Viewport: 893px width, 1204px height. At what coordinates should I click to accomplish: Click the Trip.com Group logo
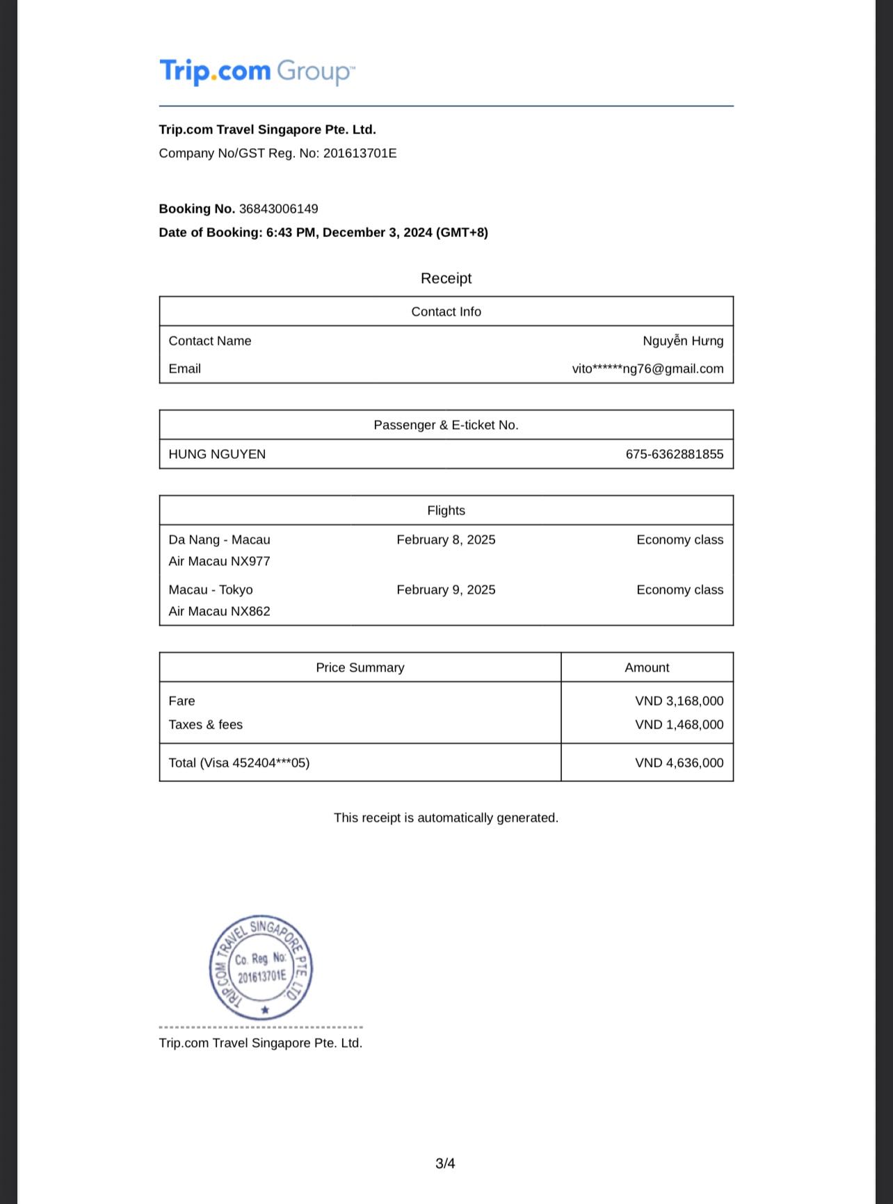pyautogui.click(x=257, y=72)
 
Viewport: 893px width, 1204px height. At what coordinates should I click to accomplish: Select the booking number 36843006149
pyautogui.click(x=278, y=209)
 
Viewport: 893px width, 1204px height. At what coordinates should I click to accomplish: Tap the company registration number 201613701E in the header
pyautogui.click(x=360, y=153)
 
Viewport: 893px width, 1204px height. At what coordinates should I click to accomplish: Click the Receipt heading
pyautogui.click(x=446, y=278)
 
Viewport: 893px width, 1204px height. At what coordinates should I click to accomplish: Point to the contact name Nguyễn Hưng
pyautogui.click(x=682, y=341)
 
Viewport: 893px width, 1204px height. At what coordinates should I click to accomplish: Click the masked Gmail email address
pyautogui.click(x=647, y=368)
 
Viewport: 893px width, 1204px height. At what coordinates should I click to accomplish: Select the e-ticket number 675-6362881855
pyautogui.click(x=674, y=454)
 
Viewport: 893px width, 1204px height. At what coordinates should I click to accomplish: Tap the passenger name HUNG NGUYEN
pyautogui.click(x=217, y=454)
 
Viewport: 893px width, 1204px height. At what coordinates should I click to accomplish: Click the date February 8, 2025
pyautogui.click(x=446, y=539)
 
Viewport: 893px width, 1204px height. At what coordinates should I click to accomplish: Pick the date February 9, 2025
pyautogui.click(x=446, y=589)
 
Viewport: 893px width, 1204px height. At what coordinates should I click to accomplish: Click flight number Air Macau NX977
pyautogui.click(x=219, y=561)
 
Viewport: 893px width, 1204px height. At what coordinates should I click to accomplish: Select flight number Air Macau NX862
pyautogui.click(x=219, y=611)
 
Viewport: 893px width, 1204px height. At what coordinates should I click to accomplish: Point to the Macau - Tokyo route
pyautogui.click(x=211, y=589)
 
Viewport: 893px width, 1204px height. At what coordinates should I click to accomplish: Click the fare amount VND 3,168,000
pyautogui.click(x=679, y=701)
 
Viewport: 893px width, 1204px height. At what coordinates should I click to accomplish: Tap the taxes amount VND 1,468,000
pyautogui.click(x=679, y=724)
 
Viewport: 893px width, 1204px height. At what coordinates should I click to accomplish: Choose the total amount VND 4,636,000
pyautogui.click(x=679, y=763)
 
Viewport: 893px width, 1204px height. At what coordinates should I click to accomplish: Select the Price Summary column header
pyautogui.click(x=360, y=667)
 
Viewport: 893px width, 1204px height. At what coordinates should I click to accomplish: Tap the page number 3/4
pyautogui.click(x=445, y=1163)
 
